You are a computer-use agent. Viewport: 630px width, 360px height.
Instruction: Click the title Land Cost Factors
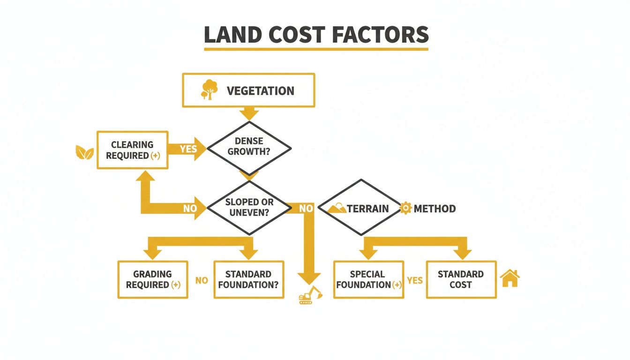click(316, 35)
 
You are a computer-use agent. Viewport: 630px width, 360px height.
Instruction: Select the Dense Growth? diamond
click(249, 147)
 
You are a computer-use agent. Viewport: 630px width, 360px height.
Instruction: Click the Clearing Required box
click(132, 150)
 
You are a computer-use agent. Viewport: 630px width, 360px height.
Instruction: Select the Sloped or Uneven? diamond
click(249, 207)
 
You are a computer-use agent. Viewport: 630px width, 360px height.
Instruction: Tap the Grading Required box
click(152, 279)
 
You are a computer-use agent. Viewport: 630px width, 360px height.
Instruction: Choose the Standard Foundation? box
click(248, 279)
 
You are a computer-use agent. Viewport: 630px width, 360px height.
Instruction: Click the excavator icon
click(310, 295)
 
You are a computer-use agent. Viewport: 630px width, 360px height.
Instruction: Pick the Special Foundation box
click(368, 279)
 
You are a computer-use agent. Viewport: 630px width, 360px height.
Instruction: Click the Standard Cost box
click(461, 279)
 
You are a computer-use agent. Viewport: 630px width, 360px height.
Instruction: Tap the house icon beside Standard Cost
click(510, 278)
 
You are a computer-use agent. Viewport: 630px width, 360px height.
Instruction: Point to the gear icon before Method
click(406, 208)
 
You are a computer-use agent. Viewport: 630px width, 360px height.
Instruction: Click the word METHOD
click(435, 209)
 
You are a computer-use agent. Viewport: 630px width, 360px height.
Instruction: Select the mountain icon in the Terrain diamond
click(337, 208)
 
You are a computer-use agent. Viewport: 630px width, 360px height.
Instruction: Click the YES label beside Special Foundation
click(415, 280)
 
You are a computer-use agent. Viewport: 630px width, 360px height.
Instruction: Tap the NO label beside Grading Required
click(202, 280)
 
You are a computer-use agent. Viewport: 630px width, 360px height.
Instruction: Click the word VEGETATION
click(260, 91)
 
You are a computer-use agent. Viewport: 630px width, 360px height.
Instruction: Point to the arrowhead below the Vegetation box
click(249, 113)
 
